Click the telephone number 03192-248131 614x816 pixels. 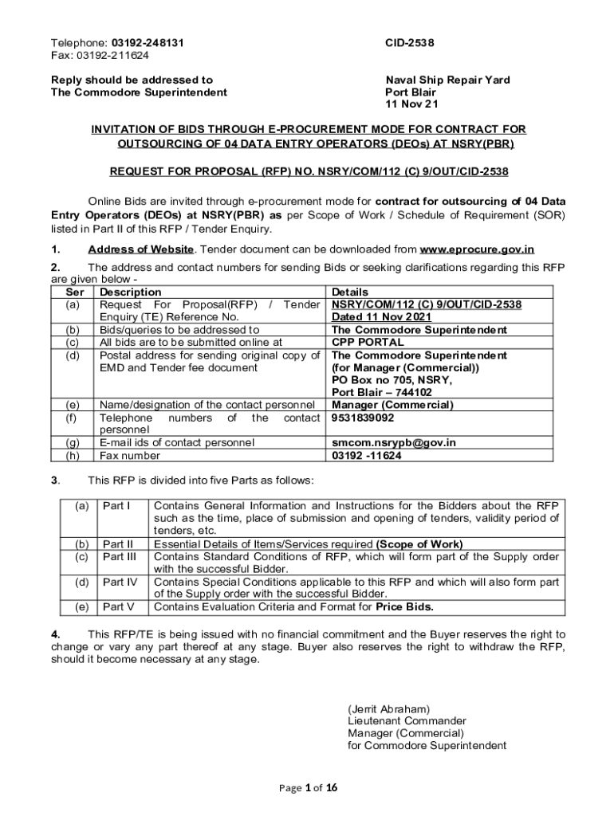coord(145,43)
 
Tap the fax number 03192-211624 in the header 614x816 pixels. coord(112,55)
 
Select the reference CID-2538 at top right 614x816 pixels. coord(410,43)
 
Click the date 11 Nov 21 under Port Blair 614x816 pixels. coord(411,104)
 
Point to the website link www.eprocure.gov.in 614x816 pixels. coord(477,249)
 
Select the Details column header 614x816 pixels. coord(350,292)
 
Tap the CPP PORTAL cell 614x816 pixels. coord(368,343)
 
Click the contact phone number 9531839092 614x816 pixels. coord(363,418)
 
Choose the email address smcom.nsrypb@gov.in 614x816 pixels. coord(394,443)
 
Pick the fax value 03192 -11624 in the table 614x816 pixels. coord(367,456)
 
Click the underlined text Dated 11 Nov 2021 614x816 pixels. coord(381,317)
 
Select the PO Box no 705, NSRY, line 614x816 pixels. coord(392,380)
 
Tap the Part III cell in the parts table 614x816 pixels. coord(120,557)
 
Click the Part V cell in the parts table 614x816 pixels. coord(118,607)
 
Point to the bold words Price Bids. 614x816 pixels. coord(405,607)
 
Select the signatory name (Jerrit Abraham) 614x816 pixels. coord(389,708)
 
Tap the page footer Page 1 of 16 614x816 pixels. coord(308,788)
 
